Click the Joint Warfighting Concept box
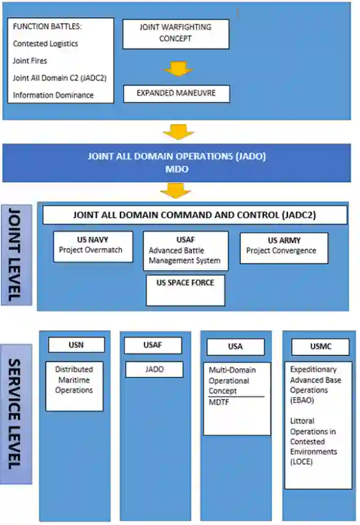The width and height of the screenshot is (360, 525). click(x=176, y=34)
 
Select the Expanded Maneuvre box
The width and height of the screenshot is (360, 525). click(x=176, y=94)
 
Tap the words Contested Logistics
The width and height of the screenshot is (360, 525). click(x=45, y=43)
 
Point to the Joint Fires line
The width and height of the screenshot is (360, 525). click(x=30, y=60)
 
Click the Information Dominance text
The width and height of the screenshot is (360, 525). click(x=53, y=95)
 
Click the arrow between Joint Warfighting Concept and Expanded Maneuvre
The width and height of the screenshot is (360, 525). click(x=177, y=69)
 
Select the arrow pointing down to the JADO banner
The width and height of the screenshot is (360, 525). click(x=177, y=133)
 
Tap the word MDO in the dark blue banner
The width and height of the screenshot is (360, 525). click(x=177, y=168)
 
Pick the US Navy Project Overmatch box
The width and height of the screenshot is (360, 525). click(x=93, y=246)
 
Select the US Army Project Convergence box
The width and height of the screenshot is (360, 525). click(x=283, y=248)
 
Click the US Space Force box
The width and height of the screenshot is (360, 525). click(x=185, y=290)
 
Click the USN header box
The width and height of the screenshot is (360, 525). click(x=76, y=345)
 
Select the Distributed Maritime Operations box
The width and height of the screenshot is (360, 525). click(x=74, y=385)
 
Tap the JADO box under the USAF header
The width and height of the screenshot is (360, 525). click(x=154, y=369)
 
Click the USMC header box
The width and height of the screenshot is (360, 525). click(x=320, y=346)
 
